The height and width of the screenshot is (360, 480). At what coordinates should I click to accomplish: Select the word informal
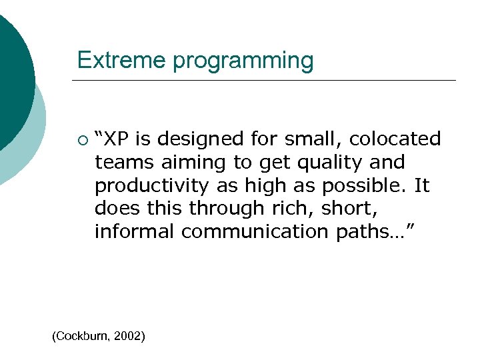coord(135,231)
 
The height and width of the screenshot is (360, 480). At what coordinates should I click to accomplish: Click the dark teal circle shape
coord(10,73)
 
